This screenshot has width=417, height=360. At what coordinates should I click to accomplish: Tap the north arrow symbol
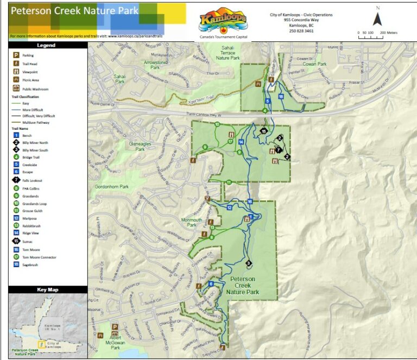[x=378, y=18]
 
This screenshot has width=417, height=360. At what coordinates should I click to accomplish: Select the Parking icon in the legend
[x=16, y=55]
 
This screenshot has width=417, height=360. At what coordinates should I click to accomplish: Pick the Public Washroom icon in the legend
[x=16, y=88]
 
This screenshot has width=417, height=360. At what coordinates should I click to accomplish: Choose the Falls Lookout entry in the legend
[x=33, y=180]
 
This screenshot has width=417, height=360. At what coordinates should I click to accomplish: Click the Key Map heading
[x=48, y=290]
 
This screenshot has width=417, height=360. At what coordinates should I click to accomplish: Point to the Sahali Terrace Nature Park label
[x=228, y=53]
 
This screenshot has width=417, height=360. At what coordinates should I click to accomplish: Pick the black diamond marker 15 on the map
[x=264, y=131]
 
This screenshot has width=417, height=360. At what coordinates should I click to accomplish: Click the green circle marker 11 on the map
[x=229, y=182]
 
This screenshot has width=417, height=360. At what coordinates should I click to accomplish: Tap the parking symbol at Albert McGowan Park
[x=115, y=328]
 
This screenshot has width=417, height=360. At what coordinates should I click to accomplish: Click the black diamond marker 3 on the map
[x=249, y=263]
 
